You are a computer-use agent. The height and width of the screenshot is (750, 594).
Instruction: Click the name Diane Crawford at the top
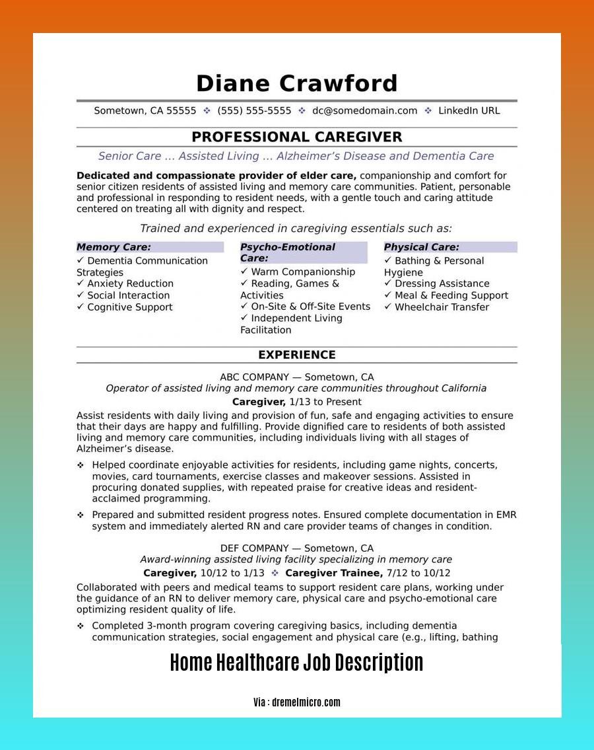[297, 84]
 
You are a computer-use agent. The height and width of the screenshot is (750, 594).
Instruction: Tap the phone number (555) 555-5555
[254, 111]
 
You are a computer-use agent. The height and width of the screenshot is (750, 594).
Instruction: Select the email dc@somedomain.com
[365, 111]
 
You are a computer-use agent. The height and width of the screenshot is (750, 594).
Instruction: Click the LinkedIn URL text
[469, 111]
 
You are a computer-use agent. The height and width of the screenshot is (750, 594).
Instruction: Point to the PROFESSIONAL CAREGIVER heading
[297, 137]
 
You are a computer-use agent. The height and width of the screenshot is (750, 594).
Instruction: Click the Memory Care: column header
[114, 247]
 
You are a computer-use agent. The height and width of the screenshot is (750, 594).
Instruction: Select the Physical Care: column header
[422, 247]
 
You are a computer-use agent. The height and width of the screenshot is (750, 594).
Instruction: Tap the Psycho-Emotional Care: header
[288, 252]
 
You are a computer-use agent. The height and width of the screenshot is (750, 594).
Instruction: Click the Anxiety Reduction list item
[130, 283]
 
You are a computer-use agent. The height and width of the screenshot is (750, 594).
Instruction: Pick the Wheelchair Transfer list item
[442, 307]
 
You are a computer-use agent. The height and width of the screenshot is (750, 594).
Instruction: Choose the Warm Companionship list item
[303, 272]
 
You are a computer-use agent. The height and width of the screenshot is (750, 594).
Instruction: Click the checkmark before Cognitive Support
[81, 307]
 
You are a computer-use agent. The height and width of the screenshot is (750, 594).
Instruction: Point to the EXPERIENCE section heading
[297, 355]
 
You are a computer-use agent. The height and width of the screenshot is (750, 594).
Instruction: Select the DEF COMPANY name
[254, 548]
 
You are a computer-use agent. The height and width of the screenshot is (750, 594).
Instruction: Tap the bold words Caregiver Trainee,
[334, 573]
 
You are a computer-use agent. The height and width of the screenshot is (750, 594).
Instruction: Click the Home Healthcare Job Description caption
[297, 663]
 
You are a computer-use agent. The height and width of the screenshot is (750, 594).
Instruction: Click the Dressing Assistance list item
[442, 283]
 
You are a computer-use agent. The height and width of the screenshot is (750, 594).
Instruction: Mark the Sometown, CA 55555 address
[145, 111]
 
